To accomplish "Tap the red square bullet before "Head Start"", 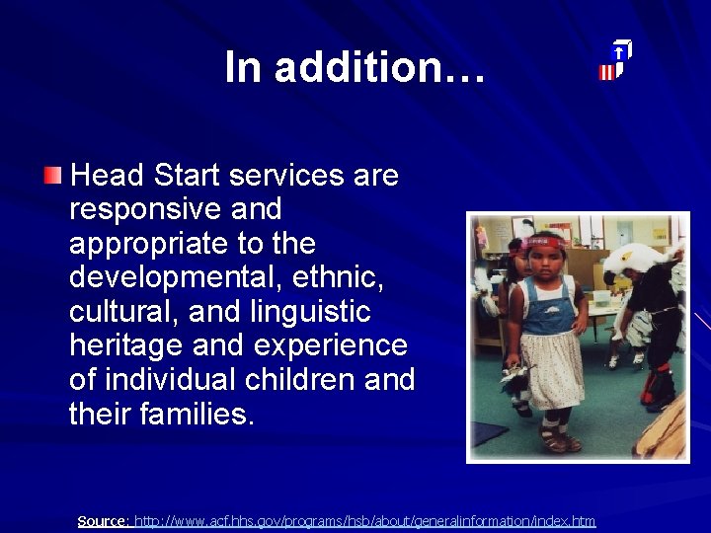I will pyautogui.click(x=52, y=177).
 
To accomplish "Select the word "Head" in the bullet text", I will pyautogui.click(x=108, y=176).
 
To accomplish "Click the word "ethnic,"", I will pyautogui.click(x=338, y=277).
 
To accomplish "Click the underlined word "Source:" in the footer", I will pyautogui.click(x=103, y=520).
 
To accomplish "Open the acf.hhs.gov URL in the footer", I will pyautogui.click(x=364, y=520).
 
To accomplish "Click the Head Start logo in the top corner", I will pyautogui.click(x=615, y=61).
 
